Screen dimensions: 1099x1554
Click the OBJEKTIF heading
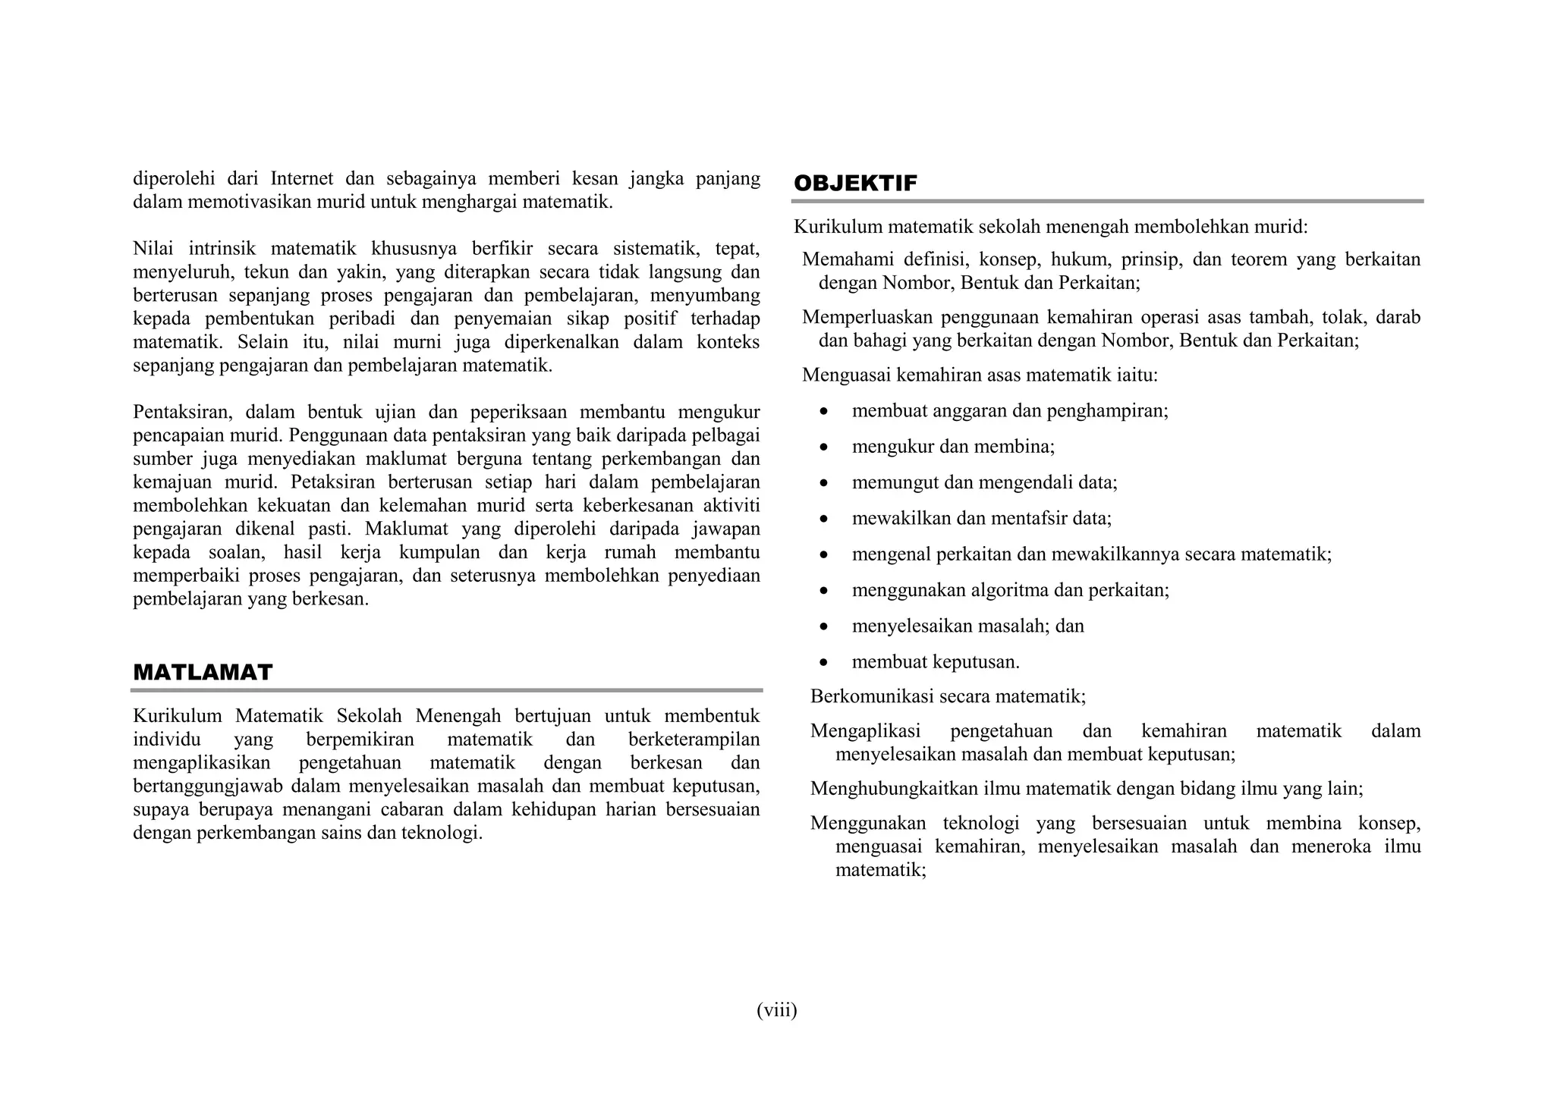[x=855, y=184]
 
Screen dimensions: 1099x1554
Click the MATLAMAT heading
[x=203, y=673]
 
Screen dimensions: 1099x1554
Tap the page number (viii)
[x=776, y=1010]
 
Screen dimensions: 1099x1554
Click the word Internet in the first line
[x=301, y=179]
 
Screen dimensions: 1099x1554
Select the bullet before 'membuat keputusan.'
[x=824, y=663]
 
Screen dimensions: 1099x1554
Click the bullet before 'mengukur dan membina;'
[x=824, y=447]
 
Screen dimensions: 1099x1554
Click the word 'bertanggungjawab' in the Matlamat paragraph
[x=208, y=787]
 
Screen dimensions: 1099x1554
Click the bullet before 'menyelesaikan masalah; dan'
[x=824, y=627]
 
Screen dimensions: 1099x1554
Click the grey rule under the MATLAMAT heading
[x=446, y=690]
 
